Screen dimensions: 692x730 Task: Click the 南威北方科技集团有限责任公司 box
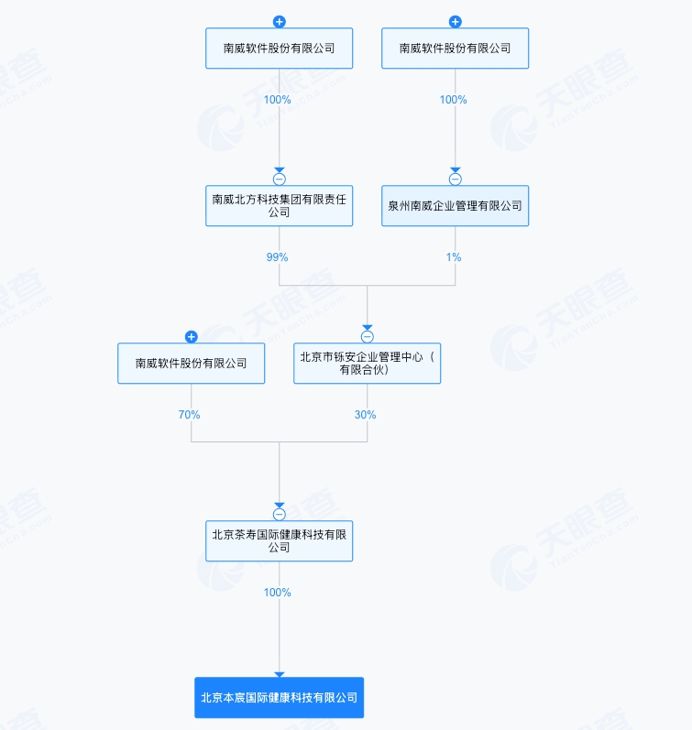point(280,206)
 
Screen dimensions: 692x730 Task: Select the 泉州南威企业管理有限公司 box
point(455,206)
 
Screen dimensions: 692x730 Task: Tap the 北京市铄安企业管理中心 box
point(368,363)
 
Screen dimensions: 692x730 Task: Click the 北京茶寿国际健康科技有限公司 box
point(280,540)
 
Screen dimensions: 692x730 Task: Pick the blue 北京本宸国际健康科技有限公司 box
point(280,697)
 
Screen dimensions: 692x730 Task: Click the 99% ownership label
point(278,257)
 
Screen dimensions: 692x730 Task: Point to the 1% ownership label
point(454,257)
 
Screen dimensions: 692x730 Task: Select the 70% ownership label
point(189,414)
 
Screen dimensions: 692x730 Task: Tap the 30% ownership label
point(366,414)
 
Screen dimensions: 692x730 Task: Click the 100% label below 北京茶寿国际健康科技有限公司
point(278,593)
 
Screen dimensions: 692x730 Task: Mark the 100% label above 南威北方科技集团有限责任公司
point(278,100)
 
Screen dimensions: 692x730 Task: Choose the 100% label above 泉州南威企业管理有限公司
point(454,100)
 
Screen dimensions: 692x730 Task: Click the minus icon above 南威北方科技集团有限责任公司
point(280,180)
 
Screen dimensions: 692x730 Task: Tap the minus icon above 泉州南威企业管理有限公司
point(456,180)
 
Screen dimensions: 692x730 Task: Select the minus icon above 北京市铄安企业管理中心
point(368,336)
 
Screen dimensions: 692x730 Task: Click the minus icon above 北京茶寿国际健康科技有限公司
point(280,515)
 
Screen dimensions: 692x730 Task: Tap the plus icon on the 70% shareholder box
point(191,336)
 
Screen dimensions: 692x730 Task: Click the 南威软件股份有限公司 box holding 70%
point(191,363)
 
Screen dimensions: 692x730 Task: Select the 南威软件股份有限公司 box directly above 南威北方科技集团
point(280,48)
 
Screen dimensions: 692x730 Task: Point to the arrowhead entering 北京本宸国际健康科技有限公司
point(280,675)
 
